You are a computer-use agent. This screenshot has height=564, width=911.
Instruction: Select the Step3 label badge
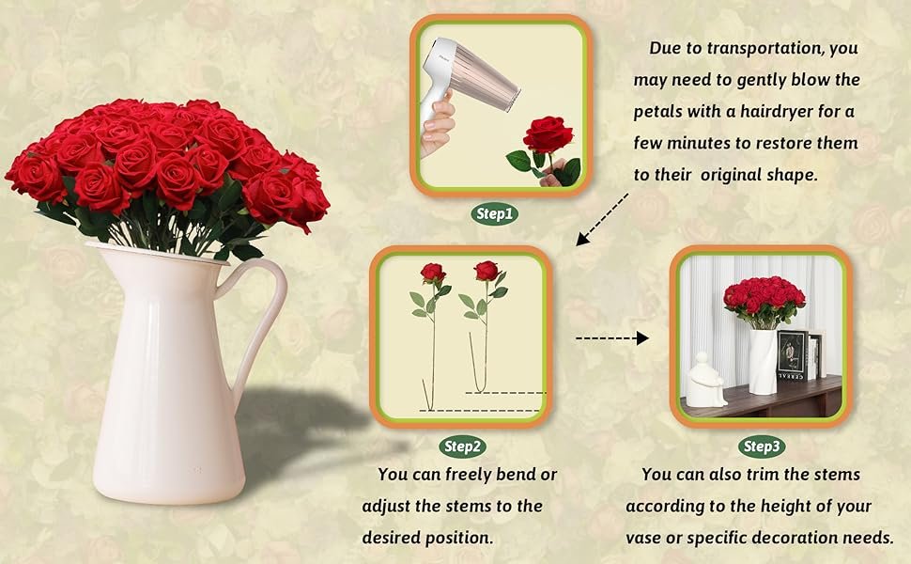click(x=762, y=446)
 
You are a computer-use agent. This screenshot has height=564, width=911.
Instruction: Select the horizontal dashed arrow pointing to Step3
click(x=611, y=337)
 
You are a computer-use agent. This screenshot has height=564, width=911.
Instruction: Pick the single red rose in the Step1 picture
click(x=548, y=135)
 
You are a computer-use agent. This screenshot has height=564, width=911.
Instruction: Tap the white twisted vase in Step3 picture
click(x=762, y=360)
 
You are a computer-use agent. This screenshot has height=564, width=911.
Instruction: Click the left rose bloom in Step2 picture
click(x=432, y=273)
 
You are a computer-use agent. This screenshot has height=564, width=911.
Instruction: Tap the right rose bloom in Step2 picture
click(x=486, y=271)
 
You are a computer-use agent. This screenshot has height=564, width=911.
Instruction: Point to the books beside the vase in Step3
click(x=795, y=355)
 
